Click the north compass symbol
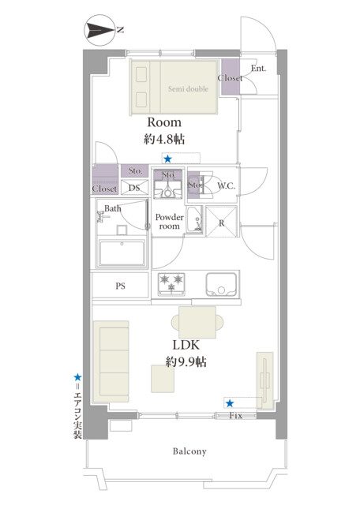[x=100, y=31]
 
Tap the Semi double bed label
[x=188, y=89]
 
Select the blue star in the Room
[x=167, y=159]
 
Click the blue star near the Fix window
[x=230, y=403]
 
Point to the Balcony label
[x=189, y=451]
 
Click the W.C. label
[x=227, y=185]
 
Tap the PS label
[x=120, y=286]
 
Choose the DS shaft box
[x=134, y=188]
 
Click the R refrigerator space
[x=221, y=221]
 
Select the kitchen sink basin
[x=221, y=284]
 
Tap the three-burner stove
[x=171, y=284]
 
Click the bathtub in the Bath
[x=122, y=252]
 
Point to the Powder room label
[x=170, y=222]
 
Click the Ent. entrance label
[x=258, y=69]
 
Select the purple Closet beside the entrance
[x=230, y=77]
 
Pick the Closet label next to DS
[x=104, y=189]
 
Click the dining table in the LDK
[x=197, y=323]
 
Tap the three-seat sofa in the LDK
[x=111, y=361]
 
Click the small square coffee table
[x=163, y=379]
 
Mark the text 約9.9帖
[x=186, y=362]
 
